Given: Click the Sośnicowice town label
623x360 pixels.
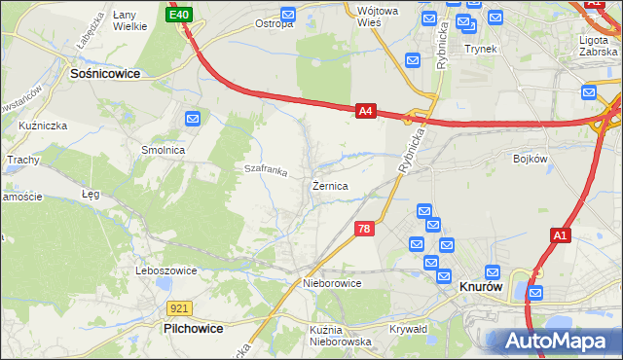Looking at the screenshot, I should (104, 73).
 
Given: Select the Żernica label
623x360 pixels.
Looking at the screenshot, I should (330, 184).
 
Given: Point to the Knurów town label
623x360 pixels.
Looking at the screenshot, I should (480, 288).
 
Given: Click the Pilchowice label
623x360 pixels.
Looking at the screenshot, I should (192, 329).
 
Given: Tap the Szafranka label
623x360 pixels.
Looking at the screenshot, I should (266, 170).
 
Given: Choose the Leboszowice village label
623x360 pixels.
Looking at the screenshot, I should (166, 270).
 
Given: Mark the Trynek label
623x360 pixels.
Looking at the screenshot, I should (481, 48).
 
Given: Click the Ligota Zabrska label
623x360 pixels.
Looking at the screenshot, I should (598, 46).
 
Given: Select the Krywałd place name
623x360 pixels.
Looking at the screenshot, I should (409, 329).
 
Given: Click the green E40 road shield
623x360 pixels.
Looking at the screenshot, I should (179, 15).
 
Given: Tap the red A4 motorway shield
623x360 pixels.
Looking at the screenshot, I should (365, 112).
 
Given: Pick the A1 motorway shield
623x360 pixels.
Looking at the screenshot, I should (560, 234).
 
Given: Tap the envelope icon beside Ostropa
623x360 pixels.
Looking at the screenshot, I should (288, 15).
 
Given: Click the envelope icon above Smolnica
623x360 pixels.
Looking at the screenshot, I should (193, 119).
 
